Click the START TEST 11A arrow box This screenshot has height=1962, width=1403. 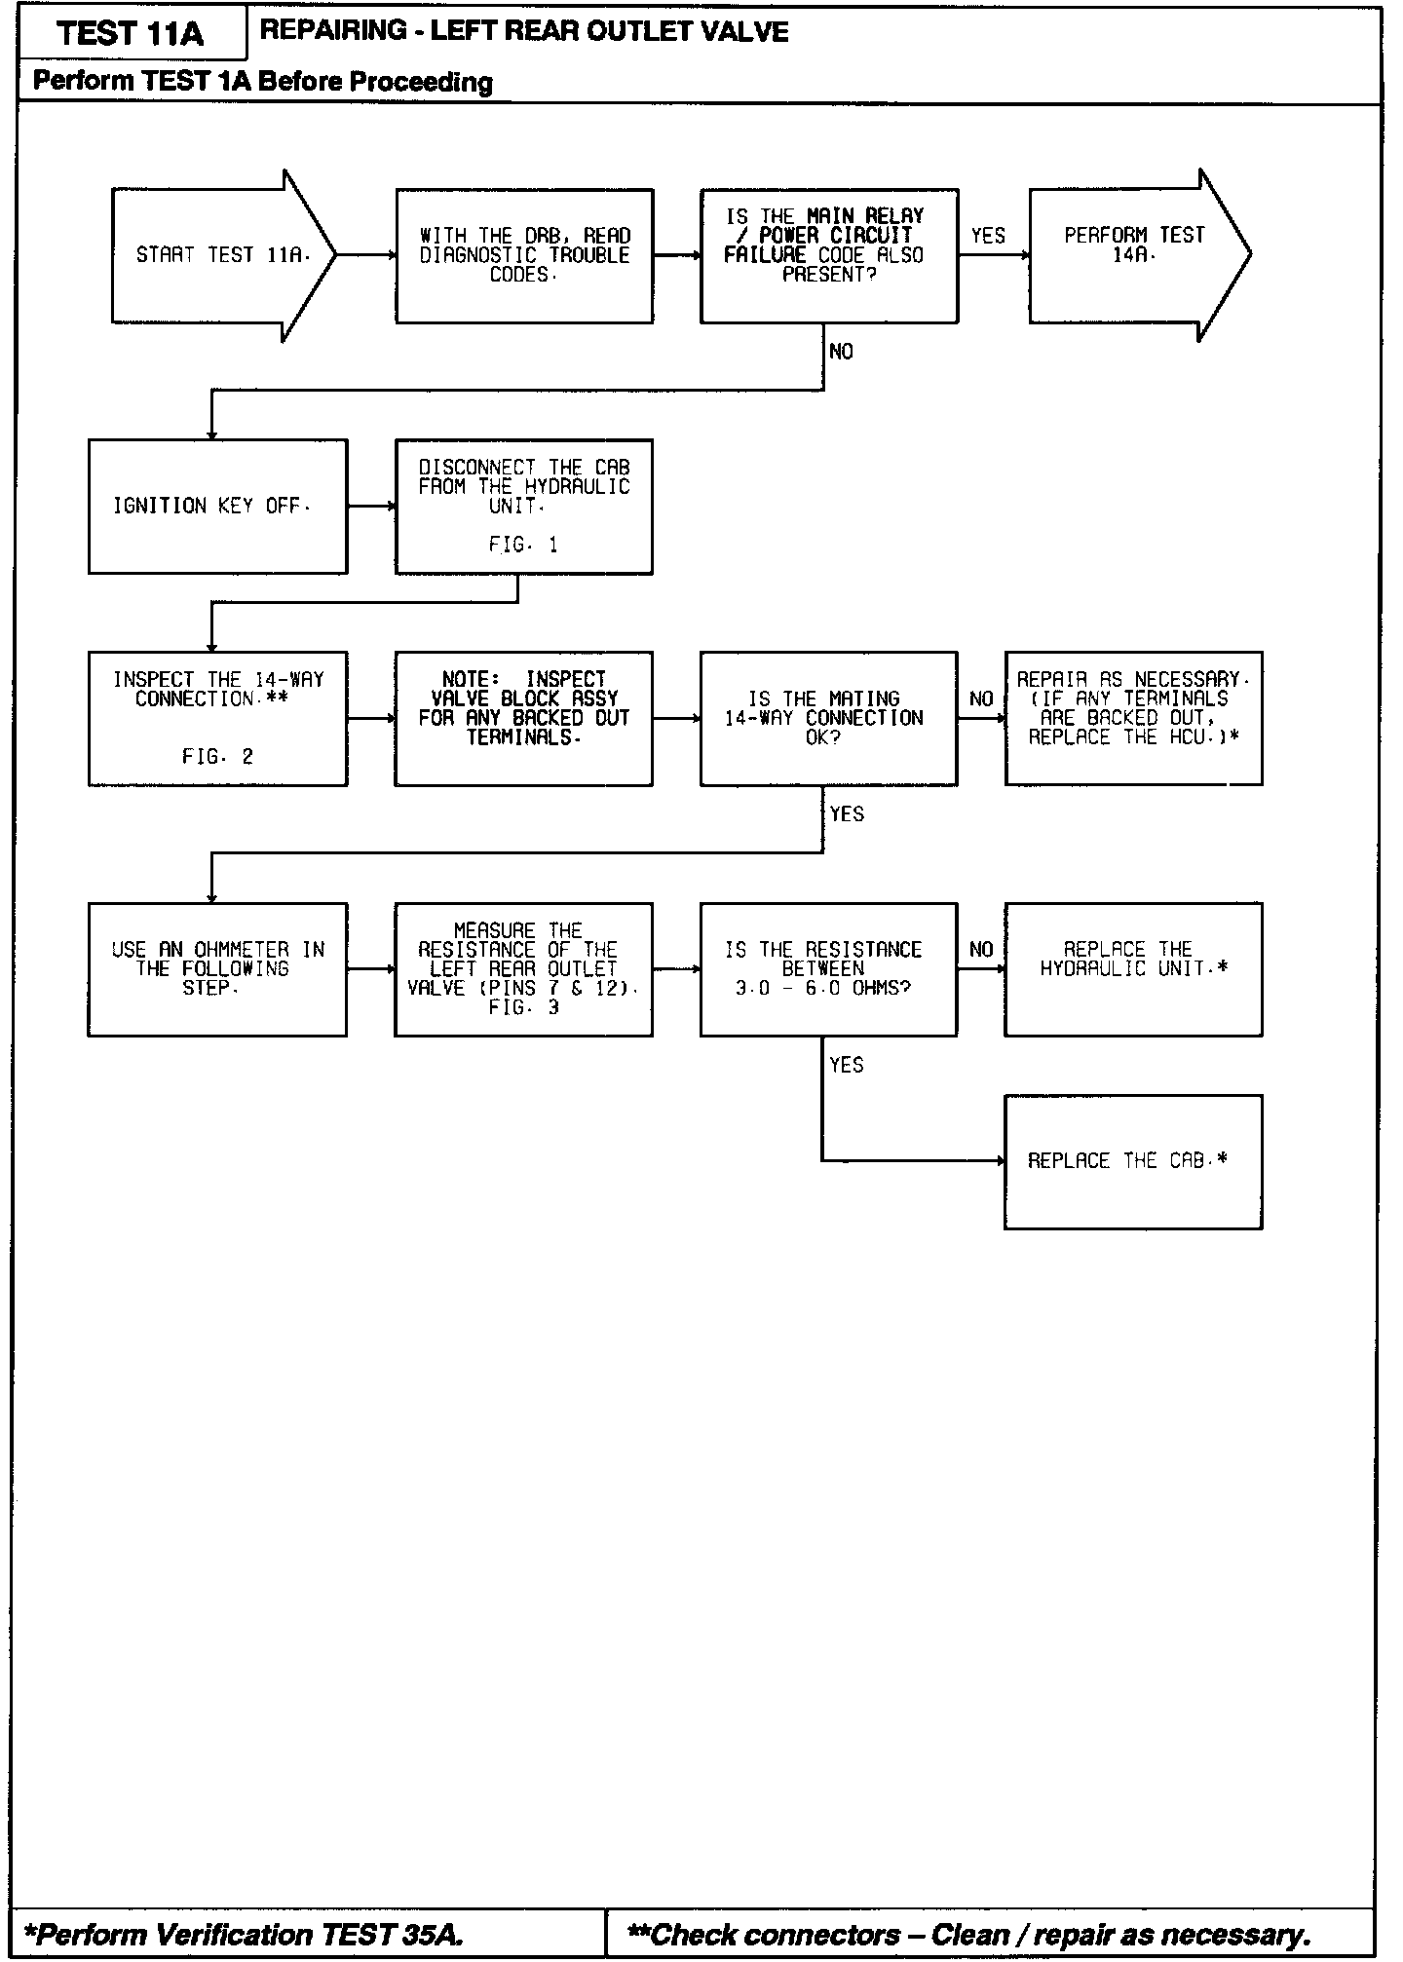[x=222, y=255]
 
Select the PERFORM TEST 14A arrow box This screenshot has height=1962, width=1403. [x=1136, y=255]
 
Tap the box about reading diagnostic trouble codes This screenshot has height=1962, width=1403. [x=524, y=255]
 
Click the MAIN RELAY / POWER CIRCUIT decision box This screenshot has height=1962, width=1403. [x=828, y=255]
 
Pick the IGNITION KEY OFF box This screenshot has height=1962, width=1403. [x=217, y=506]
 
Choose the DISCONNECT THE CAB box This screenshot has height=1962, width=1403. [x=524, y=506]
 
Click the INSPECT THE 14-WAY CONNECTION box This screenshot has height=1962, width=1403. [x=217, y=718]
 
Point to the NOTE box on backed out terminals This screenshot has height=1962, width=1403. [x=524, y=718]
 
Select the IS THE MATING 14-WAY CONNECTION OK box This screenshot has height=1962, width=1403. [x=828, y=718]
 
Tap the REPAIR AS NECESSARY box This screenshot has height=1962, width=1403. [x=1133, y=718]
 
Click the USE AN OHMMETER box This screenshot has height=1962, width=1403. [x=217, y=968]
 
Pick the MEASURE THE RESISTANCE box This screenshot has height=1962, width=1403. [x=524, y=968]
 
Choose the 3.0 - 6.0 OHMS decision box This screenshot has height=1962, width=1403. [x=828, y=968]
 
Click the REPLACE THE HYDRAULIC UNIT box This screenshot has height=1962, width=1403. [x=1133, y=968]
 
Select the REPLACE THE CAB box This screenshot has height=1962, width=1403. [x=1133, y=1161]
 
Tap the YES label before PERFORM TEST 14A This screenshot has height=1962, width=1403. [x=988, y=236]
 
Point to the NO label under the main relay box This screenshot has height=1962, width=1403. [x=841, y=352]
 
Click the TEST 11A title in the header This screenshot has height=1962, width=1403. [x=131, y=34]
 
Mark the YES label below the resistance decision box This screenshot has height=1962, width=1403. [x=847, y=1065]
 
